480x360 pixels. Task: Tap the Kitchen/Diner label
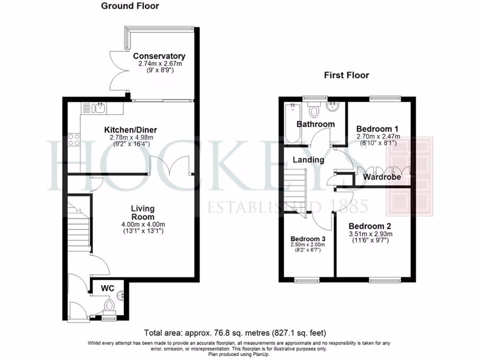[130, 130]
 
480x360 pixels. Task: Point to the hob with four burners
[74, 139]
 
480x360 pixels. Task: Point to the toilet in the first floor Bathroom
[314, 109]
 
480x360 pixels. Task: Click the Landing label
[308, 160]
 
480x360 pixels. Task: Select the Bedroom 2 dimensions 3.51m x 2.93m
[370, 234]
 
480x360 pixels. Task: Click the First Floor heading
[346, 75]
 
